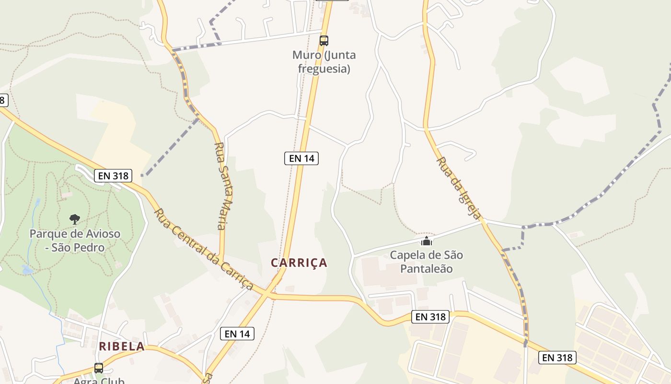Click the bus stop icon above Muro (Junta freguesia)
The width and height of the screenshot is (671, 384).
pos(324,40)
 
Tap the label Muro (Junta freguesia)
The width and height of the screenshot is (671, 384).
pos(324,61)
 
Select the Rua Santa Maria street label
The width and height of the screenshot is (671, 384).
pos(221,186)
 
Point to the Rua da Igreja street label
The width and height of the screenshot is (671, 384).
pos(459,188)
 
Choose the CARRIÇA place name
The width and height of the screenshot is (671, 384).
pos(299,263)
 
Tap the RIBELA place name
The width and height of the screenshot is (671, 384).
pos(122,346)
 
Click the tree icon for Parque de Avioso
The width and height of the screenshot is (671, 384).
pos(74,219)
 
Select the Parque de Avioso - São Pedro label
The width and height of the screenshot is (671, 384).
pos(75,240)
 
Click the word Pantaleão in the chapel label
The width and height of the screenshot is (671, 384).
pos(426,268)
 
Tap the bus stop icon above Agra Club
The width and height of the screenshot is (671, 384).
pos(99,368)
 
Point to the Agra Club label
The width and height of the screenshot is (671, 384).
pos(99,381)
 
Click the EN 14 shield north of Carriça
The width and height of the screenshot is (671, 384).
pos(301,158)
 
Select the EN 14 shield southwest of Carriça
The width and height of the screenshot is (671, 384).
pos(237,334)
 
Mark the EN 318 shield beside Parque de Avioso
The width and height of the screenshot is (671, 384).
pos(113,176)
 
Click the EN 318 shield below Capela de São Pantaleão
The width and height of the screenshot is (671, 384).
pos(430,317)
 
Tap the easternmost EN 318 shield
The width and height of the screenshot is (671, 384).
pos(557,358)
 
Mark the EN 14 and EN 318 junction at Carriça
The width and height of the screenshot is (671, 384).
pos(269,293)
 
